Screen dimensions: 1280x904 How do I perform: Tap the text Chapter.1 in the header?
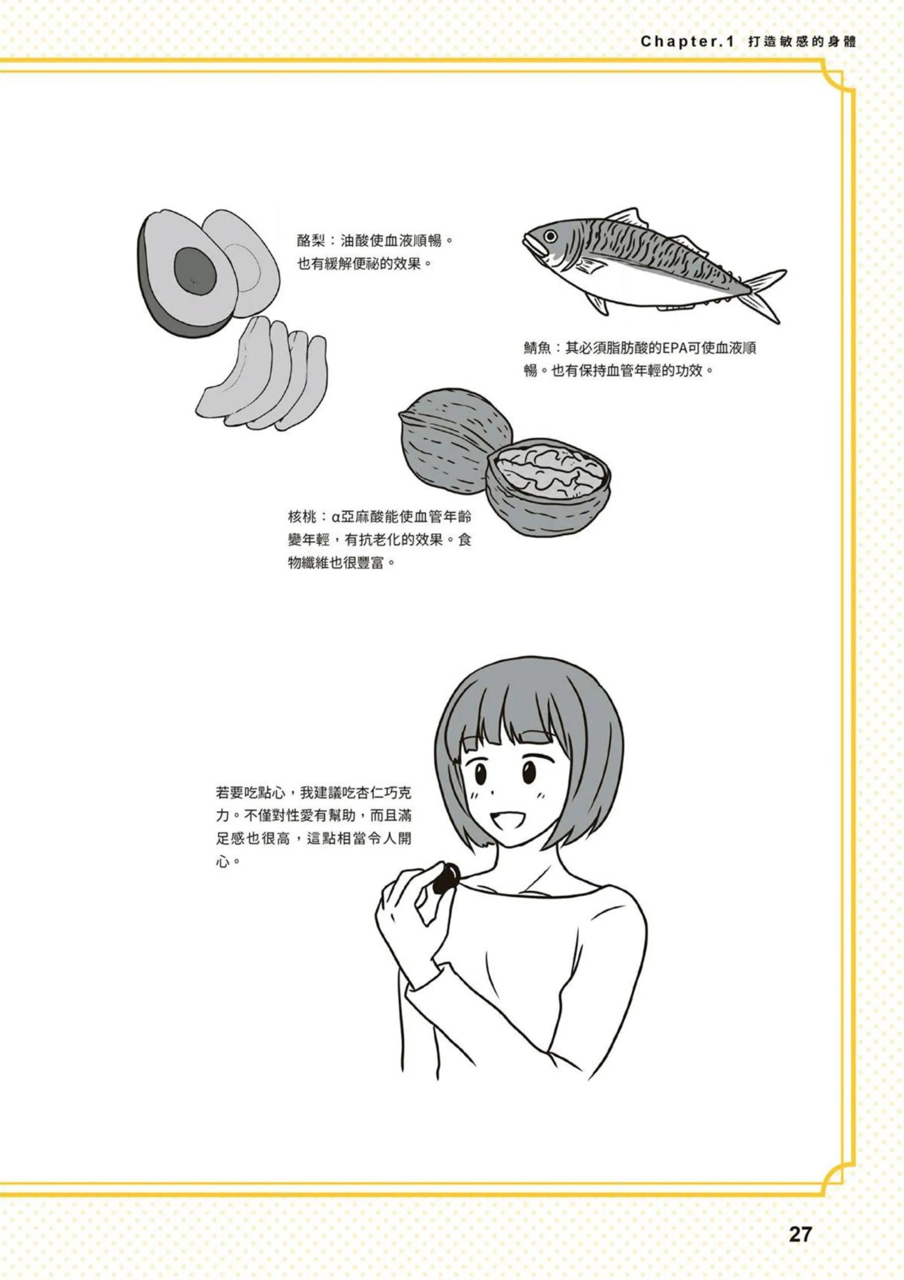(x=687, y=42)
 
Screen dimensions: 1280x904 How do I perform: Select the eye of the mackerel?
(x=550, y=236)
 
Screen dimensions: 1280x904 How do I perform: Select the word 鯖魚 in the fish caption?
(x=537, y=348)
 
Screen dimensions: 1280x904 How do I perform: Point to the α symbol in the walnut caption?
(x=335, y=517)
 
